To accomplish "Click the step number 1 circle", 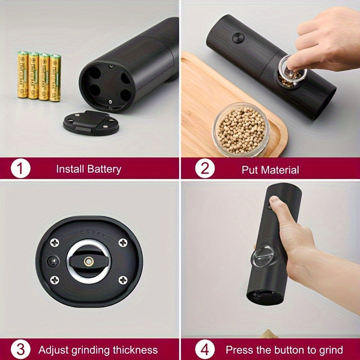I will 20,169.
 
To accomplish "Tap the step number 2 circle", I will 205,169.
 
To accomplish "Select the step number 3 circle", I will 20,350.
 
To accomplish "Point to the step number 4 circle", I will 205,350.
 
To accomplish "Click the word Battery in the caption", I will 104,169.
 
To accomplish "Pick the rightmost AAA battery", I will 55,77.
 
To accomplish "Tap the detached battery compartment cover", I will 91,122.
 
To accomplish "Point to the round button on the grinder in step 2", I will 238,38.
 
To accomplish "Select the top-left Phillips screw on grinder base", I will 55,243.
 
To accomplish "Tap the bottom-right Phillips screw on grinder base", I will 122,280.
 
